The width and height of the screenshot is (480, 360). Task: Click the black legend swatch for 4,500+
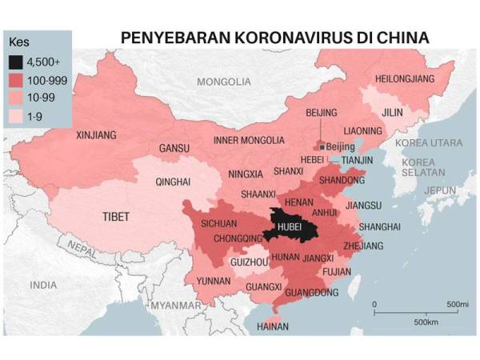tap(15, 61)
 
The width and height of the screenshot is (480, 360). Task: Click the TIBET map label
tap(116, 216)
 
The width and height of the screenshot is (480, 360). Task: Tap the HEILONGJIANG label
tap(404, 78)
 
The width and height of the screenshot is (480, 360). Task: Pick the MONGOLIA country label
tap(226, 82)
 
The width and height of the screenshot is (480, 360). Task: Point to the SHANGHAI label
tap(379, 227)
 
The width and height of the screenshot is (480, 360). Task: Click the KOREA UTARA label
tap(434, 142)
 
